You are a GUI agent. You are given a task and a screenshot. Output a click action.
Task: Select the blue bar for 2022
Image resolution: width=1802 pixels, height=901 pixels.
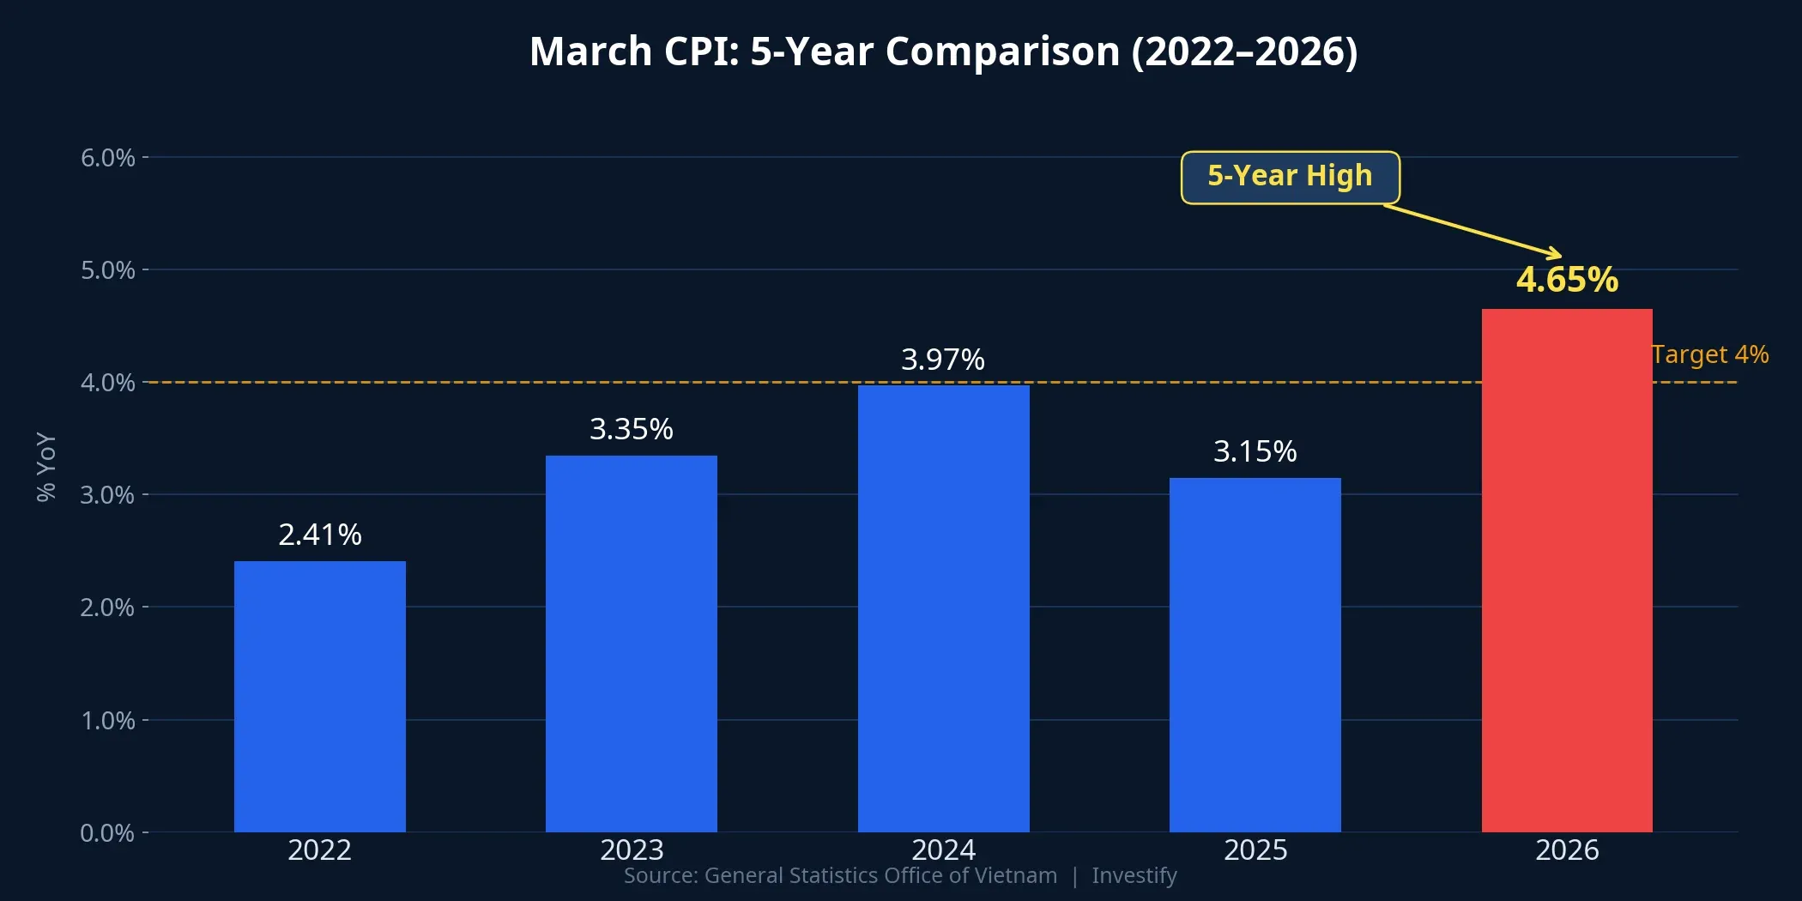point(319,696)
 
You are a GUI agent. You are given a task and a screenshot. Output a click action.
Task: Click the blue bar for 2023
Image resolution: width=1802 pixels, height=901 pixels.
point(631,644)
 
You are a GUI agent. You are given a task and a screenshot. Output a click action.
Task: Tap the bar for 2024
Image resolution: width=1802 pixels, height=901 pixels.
point(943,608)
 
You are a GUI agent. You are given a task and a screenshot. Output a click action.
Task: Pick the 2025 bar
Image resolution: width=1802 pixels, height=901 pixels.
point(1255,655)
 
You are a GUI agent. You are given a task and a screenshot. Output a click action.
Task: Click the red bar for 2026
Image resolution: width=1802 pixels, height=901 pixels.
point(1567,570)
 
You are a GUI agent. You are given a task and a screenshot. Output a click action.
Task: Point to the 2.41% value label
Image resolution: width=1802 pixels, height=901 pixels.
point(319,535)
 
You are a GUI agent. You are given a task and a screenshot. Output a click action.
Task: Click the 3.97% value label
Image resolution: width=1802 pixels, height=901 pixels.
point(942,360)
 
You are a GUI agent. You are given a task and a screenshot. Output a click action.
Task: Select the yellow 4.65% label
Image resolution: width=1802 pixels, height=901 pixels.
point(1567,280)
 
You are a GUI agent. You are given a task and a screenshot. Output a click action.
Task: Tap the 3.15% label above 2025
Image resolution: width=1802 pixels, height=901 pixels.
point(1255,451)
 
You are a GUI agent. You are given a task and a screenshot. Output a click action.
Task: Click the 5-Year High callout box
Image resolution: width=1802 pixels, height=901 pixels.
point(1290,177)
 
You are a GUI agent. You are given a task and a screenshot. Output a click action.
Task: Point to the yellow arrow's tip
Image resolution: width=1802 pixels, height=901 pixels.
point(1559,255)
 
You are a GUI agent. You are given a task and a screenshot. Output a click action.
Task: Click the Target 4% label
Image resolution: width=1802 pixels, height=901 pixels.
point(1709,354)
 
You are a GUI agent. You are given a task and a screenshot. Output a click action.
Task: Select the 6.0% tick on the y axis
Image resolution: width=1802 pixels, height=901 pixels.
point(108,158)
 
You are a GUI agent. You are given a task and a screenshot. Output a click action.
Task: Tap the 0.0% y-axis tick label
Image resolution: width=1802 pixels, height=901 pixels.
point(107,833)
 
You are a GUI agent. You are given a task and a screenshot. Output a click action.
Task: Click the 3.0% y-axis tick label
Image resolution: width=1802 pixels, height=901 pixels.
point(107,495)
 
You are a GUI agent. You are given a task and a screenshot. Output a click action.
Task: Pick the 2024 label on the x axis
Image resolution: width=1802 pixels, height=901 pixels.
point(943,850)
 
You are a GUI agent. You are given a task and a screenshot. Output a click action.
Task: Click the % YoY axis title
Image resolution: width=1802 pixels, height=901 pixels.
point(46,466)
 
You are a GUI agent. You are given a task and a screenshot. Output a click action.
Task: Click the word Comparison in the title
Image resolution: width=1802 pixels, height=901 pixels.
point(1002,51)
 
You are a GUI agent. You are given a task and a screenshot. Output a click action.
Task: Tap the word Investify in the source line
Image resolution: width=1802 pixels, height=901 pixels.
point(1134,875)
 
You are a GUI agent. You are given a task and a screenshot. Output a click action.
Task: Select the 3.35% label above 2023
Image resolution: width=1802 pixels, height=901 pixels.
point(631,429)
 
